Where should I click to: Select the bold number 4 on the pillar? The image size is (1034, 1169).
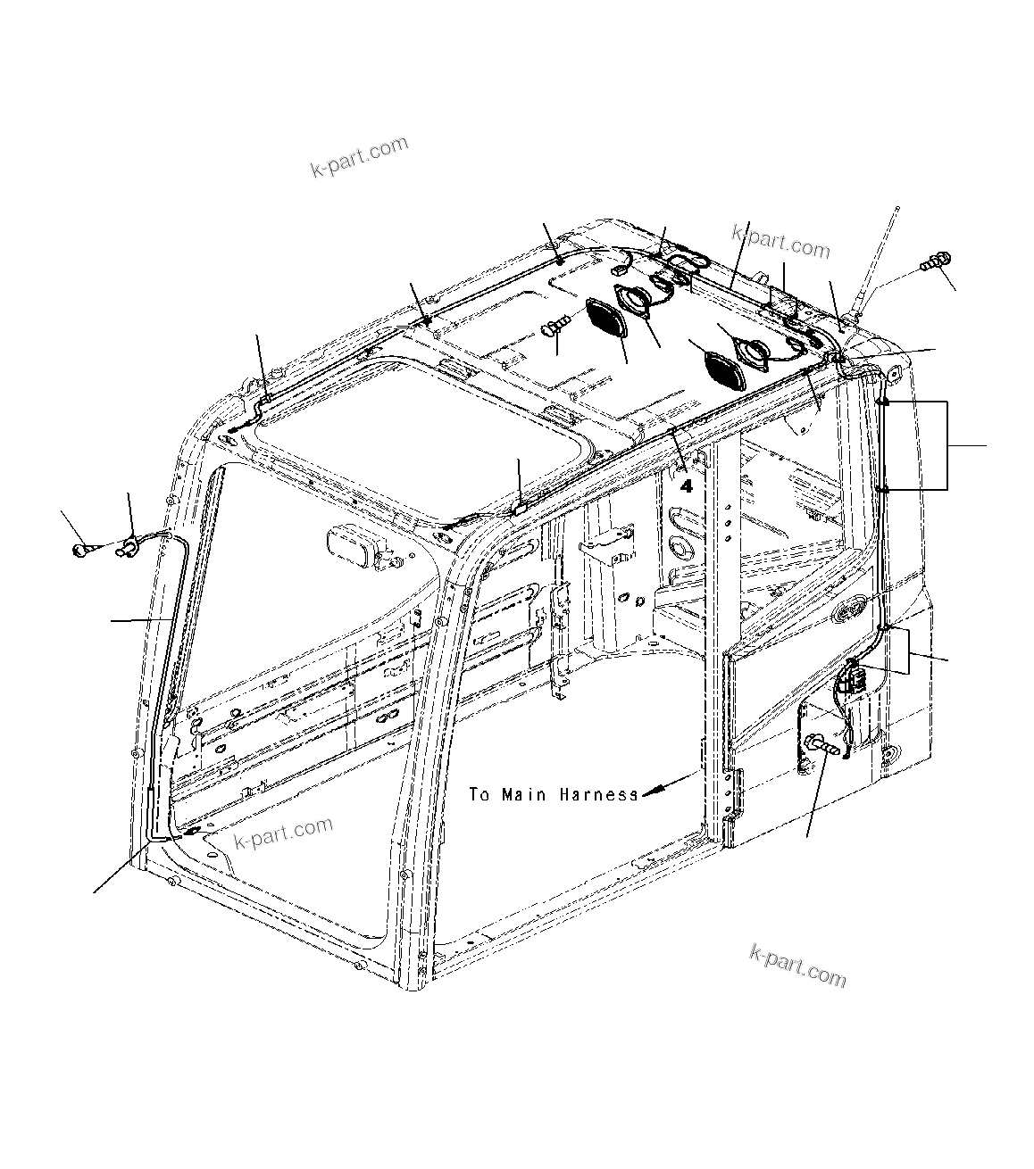(686, 486)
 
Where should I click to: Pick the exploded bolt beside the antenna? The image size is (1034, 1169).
(934, 261)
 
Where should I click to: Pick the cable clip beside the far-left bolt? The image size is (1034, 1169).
(126, 546)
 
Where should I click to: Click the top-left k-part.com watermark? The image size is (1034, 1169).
(359, 157)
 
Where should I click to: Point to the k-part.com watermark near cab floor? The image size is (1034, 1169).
(283, 833)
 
